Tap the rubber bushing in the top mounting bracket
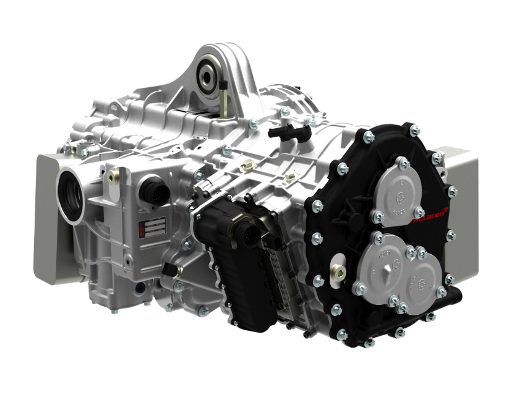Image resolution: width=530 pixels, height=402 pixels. tap(205, 77)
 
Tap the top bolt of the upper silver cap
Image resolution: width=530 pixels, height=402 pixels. tap(403, 162)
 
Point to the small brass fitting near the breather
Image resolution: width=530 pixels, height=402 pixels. tap(248, 166)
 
